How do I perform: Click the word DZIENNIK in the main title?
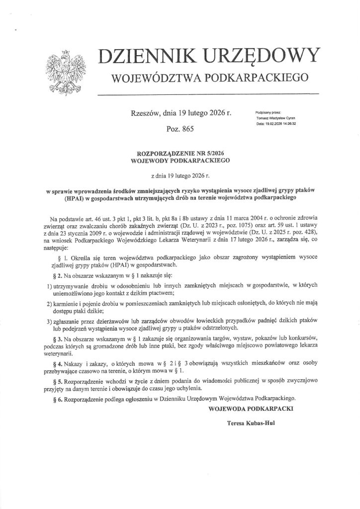(x=148, y=57)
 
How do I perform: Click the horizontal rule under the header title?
(x=208, y=94)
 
